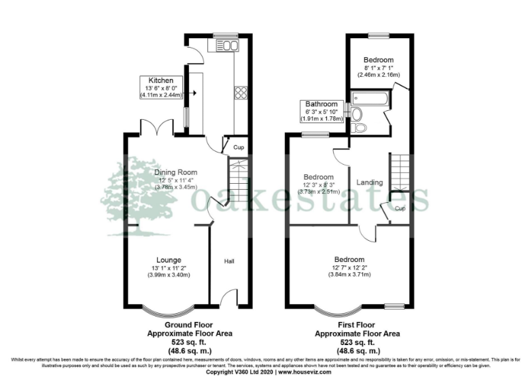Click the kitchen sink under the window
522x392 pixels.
(x=227, y=46)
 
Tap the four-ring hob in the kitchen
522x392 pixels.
(x=241, y=92)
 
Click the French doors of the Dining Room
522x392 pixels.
(x=162, y=128)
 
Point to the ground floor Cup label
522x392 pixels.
(x=239, y=147)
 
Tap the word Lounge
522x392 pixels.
(x=168, y=260)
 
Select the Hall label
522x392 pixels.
(x=230, y=260)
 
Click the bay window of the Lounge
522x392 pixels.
(x=168, y=311)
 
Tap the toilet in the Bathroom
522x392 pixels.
(x=359, y=127)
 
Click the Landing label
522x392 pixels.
(x=369, y=182)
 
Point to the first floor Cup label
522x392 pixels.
(x=400, y=208)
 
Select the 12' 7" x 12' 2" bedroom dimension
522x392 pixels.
(x=349, y=268)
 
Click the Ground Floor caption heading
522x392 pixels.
(x=190, y=325)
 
